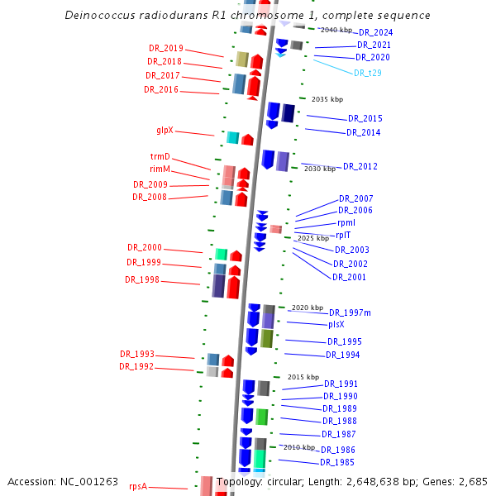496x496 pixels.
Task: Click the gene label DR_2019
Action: click(166, 49)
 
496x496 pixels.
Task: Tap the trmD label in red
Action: click(160, 156)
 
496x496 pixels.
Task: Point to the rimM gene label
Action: click(160, 169)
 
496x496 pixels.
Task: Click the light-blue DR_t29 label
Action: click(367, 73)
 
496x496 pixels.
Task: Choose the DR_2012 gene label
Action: click(360, 166)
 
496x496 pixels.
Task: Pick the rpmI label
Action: click(346, 223)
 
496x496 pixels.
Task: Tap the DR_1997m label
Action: click(350, 312)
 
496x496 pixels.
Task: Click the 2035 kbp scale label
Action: click(327, 99)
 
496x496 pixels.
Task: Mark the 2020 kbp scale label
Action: click(306, 308)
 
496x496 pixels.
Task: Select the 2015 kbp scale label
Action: click(303, 377)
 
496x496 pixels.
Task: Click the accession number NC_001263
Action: click(90, 481)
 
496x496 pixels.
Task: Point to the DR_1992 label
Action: click(136, 366)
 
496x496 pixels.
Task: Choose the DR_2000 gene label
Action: click(145, 247)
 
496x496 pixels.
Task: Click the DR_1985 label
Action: click(337, 462)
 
